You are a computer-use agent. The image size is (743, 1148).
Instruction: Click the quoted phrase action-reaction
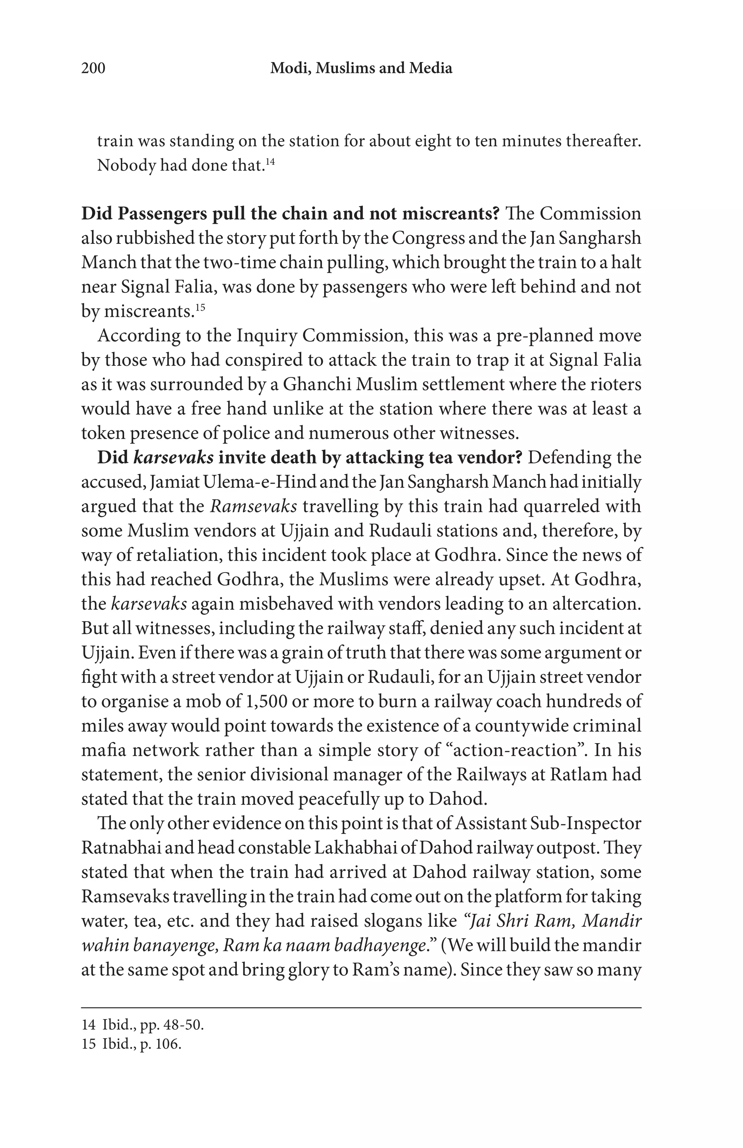tap(514, 750)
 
